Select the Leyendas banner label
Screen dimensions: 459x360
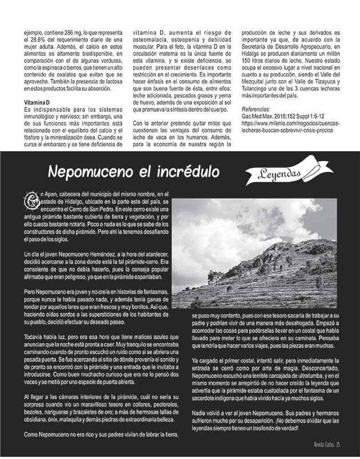click(x=282, y=172)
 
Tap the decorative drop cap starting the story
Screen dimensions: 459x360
click(x=31, y=200)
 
